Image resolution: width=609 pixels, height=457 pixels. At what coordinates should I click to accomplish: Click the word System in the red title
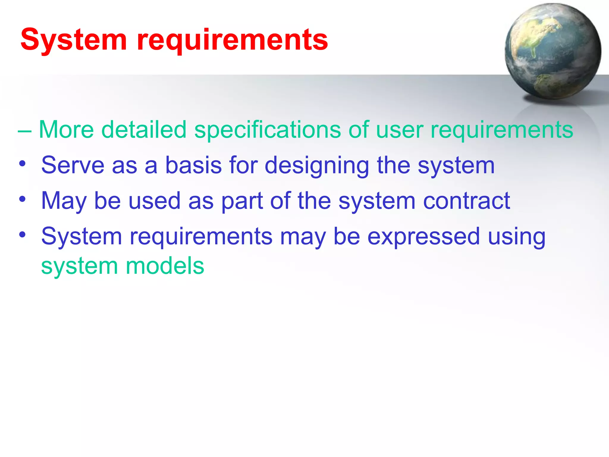coord(74,40)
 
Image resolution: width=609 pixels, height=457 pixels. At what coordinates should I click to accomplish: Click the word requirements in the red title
coord(232,41)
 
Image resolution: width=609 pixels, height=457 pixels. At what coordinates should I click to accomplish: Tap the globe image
coord(553,51)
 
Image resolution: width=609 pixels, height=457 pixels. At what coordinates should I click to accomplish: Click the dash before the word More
coord(24,131)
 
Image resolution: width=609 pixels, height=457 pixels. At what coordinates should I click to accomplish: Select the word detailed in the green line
coord(144,130)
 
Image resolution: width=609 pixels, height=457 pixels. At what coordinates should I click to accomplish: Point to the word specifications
coord(267,130)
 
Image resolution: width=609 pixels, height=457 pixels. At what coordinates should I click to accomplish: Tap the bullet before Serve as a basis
coord(22,163)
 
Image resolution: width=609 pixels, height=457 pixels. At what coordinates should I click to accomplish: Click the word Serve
coord(73,165)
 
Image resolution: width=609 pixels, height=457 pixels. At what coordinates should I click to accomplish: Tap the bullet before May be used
coord(22,199)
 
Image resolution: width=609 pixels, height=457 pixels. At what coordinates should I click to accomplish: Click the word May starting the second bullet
coord(64,201)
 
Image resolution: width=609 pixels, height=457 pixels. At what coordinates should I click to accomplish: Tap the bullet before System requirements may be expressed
coord(22,234)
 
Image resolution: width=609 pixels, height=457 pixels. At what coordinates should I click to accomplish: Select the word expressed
coord(423,237)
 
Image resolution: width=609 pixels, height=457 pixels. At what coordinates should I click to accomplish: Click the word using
coord(517,237)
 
